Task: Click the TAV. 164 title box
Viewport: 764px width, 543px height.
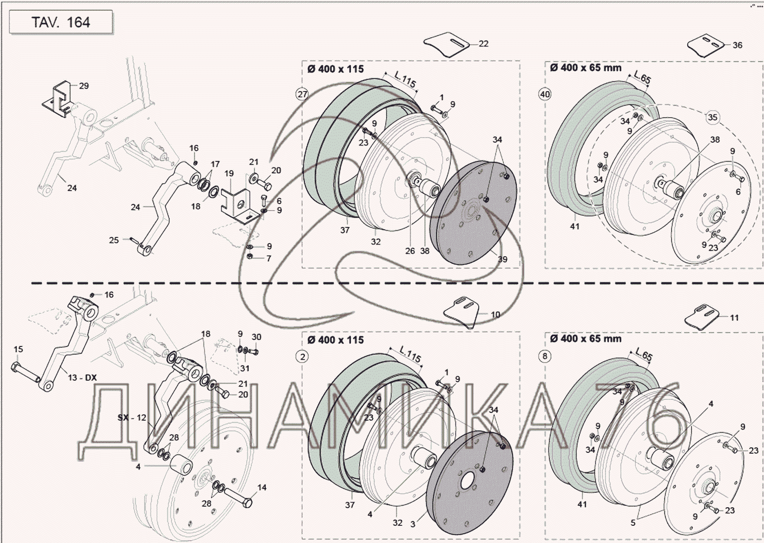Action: click(61, 22)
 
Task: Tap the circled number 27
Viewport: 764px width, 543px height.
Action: click(303, 94)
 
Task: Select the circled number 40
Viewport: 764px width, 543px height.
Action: click(545, 94)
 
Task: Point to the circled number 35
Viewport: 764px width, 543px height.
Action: click(712, 117)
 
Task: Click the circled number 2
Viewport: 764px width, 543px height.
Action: click(303, 357)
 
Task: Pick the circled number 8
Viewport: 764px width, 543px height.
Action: click(545, 357)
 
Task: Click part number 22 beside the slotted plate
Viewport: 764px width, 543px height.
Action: click(483, 43)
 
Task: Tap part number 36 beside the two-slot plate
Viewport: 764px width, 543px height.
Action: click(738, 45)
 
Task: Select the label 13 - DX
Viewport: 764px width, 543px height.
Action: click(82, 377)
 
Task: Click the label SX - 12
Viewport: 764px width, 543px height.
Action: click(132, 417)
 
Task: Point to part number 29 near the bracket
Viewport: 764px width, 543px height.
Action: click(84, 86)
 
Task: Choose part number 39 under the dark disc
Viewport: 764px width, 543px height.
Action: click(502, 259)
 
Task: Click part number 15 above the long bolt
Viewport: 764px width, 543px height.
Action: click(18, 349)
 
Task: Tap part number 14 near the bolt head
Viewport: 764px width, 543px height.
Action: click(262, 487)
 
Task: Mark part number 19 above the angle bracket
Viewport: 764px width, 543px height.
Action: click(229, 173)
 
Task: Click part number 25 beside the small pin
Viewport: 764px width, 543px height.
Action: click(114, 240)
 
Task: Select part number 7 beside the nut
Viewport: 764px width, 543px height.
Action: click(269, 258)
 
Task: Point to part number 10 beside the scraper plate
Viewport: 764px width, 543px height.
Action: click(495, 315)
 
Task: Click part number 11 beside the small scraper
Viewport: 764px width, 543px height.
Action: click(734, 318)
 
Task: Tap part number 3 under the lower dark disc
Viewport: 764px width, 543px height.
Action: click(413, 524)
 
